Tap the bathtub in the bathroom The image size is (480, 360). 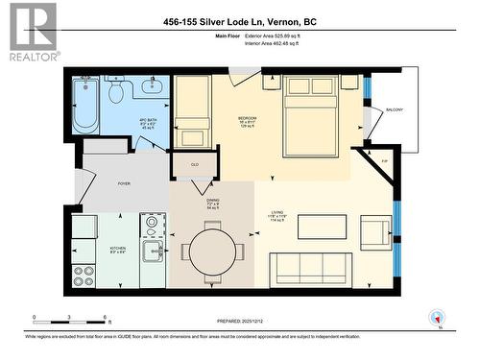(85, 108)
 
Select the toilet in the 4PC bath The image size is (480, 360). (115, 92)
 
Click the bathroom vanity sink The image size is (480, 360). (152, 90)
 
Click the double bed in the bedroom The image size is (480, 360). (309, 115)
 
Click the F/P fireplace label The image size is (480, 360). (384, 160)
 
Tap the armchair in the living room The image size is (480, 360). (375, 231)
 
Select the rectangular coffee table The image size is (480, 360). (322, 227)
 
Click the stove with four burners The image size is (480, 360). (84, 275)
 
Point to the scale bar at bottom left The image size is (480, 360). (69, 319)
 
